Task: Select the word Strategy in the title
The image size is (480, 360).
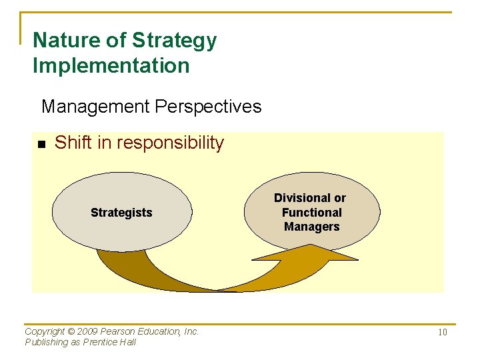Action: click(174, 41)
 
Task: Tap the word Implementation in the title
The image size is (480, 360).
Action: click(111, 66)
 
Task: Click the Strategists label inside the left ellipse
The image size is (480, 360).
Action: click(121, 213)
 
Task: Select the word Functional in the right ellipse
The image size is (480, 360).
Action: click(311, 213)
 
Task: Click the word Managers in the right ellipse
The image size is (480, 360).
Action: click(311, 227)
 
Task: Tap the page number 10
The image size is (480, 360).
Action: click(442, 332)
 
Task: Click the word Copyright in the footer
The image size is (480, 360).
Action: click(45, 331)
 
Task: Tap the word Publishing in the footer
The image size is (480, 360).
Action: click(46, 342)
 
